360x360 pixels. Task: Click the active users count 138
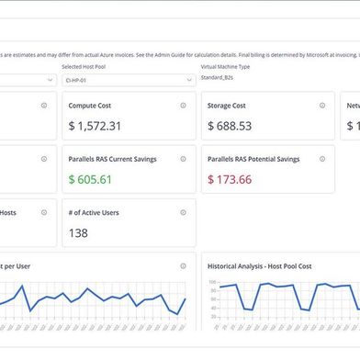[x=78, y=233]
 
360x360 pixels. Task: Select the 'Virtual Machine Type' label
[x=230, y=67]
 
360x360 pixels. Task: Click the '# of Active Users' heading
[x=94, y=212]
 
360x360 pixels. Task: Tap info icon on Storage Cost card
[x=321, y=106]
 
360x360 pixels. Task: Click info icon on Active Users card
[x=183, y=212]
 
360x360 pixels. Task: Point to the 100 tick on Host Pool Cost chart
[x=212, y=282]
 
